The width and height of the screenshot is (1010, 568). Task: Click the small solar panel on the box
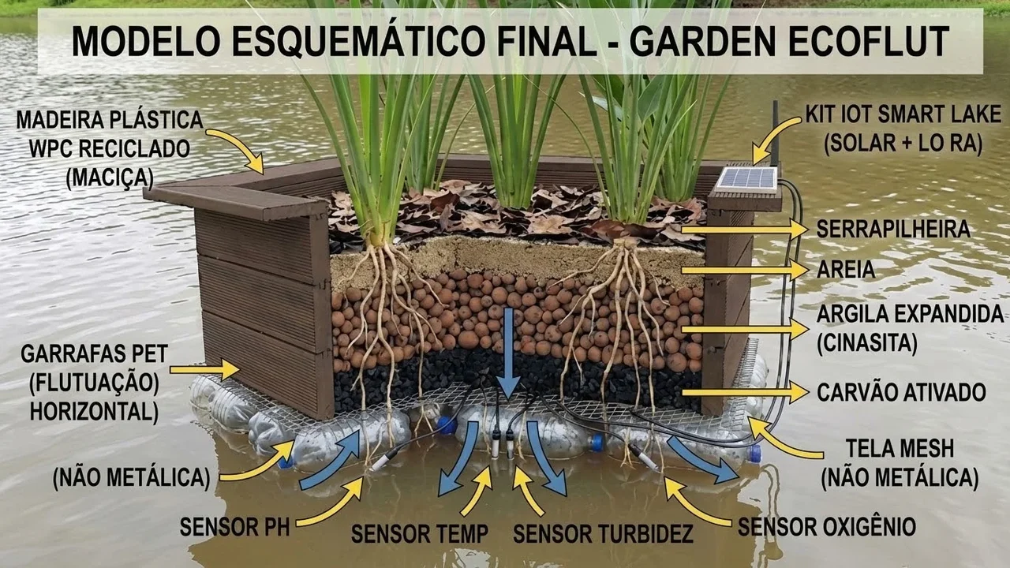pos(746,177)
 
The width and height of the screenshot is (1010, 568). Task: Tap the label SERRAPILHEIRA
pos(893,230)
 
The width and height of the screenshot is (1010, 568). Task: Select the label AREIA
pos(846,270)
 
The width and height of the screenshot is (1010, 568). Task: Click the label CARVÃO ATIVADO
pos(901,392)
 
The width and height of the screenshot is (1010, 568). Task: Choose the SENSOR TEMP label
pos(419,534)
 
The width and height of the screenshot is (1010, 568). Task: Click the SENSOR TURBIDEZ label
pos(603,534)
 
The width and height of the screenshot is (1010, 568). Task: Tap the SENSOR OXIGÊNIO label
pos(826,527)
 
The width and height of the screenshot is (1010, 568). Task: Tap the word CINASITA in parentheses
pos(868,343)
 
